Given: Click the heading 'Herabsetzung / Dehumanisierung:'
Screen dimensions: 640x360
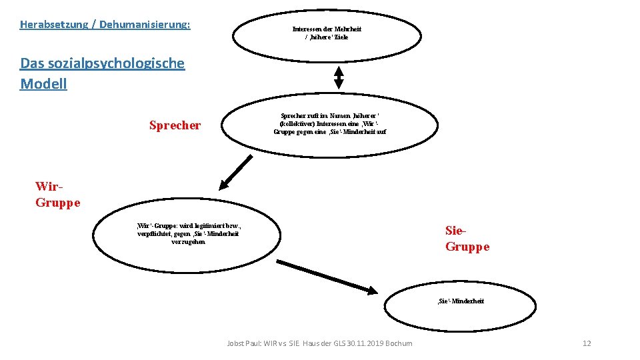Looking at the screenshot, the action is click(x=105, y=25).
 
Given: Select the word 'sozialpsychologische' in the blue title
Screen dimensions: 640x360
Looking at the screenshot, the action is click(x=113, y=64).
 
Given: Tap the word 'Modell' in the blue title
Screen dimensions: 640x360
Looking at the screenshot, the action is click(x=43, y=84).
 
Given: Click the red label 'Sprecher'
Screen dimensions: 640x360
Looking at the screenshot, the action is click(x=175, y=125).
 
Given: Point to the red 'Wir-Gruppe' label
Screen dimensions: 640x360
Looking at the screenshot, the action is click(x=57, y=195).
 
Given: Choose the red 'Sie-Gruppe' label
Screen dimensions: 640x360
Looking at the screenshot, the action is click(x=467, y=239).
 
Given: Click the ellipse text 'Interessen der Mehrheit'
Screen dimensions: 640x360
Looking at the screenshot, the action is click(x=327, y=29).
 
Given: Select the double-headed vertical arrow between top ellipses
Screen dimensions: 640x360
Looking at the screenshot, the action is click(x=339, y=79).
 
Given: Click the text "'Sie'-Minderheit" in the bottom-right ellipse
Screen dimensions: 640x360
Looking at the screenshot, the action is click(x=460, y=301).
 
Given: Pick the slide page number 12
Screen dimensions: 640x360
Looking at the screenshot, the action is click(x=587, y=343).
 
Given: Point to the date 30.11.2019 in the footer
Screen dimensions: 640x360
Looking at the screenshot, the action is click(x=369, y=343).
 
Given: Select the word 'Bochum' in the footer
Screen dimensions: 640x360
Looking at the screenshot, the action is click(x=400, y=343).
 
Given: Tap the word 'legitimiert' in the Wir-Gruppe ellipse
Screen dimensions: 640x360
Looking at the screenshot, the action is click(x=205, y=226).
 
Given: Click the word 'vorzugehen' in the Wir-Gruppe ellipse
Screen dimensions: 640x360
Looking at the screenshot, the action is click(x=189, y=241).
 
